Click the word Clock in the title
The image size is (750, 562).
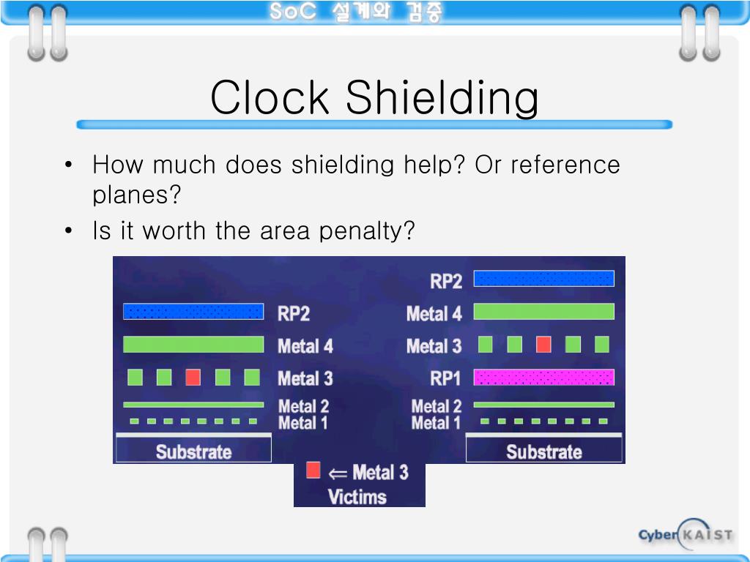269,98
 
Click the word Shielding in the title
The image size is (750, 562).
442,100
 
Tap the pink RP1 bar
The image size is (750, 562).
543,378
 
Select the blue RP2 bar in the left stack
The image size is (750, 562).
193,312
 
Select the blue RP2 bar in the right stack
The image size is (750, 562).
543,279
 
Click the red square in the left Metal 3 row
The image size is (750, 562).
193,378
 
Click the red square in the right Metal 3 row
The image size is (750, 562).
543,344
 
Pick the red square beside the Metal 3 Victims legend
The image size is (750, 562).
313,471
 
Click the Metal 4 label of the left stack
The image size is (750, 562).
305,345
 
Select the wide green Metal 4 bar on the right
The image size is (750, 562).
543,312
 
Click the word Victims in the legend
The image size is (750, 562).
357,497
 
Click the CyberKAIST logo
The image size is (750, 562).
684,535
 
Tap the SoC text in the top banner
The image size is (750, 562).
292,12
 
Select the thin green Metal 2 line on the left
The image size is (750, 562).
193,405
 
